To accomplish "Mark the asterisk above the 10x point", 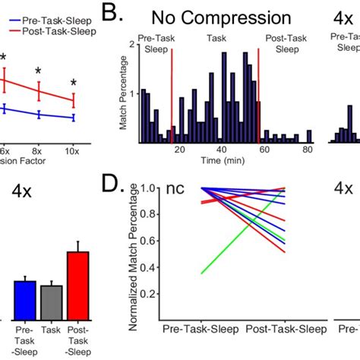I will [x=74, y=84].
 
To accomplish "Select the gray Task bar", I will [x=52, y=304].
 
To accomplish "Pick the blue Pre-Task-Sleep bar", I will [x=26, y=302].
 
